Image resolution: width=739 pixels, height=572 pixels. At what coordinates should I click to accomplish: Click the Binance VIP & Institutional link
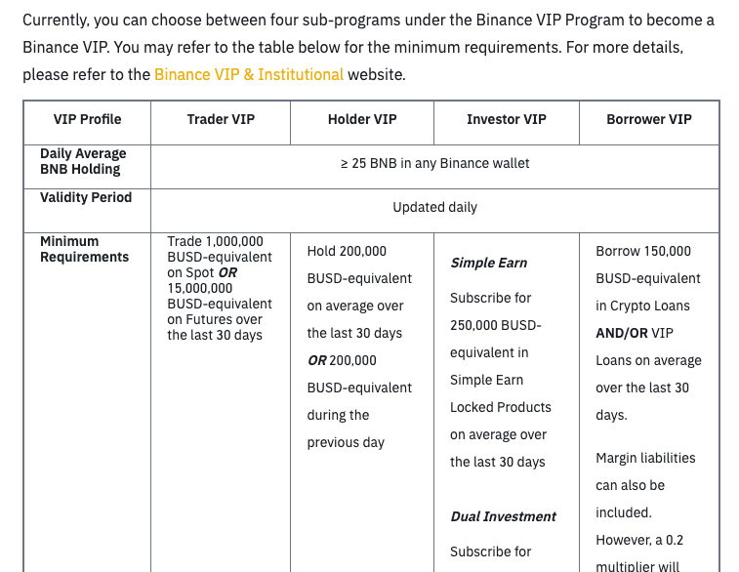point(249,74)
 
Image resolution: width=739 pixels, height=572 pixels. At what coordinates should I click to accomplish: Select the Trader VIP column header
point(221,119)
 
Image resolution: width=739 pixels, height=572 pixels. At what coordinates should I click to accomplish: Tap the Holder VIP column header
point(362,119)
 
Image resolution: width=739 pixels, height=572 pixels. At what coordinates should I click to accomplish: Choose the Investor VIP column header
point(506,119)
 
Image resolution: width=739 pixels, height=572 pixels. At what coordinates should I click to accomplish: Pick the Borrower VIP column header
point(648,119)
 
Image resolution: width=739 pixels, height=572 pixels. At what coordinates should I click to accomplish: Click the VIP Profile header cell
point(88,119)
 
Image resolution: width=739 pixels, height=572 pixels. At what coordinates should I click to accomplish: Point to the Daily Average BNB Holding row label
point(83,161)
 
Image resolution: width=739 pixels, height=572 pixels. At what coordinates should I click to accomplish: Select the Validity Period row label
point(86,197)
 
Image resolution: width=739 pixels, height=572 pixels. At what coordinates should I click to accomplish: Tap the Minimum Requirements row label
point(84,249)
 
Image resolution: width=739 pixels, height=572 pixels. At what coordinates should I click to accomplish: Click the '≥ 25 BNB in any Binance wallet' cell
point(434,163)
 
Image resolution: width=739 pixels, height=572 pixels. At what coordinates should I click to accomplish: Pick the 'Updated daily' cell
point(434,207)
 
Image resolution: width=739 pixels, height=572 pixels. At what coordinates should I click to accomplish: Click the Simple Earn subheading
point(488,263)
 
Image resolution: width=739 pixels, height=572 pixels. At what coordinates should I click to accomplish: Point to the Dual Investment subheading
point(503,516)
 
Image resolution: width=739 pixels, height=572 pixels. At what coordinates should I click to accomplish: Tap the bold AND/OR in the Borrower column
point(622,333)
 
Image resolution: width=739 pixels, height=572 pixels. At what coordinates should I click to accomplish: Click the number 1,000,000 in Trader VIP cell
point(234,241)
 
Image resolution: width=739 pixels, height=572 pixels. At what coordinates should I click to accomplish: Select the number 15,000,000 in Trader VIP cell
point(200,288)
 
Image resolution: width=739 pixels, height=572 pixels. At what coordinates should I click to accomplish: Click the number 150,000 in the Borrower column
point(668,251)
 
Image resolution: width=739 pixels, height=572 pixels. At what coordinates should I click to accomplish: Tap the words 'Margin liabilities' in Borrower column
point(645,458)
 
